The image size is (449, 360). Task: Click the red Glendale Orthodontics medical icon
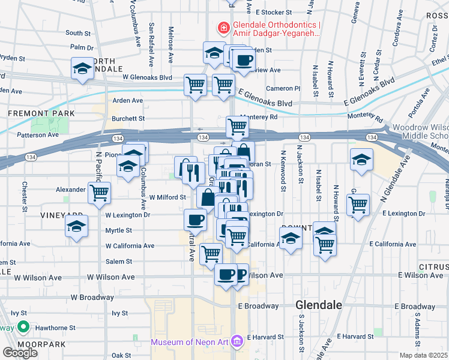pyautogui.click(x=223, y=27)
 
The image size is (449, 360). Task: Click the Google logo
pyautogui.click(x=20, y=353)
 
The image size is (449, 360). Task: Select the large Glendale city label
pyautogui.click(x=319, y=305)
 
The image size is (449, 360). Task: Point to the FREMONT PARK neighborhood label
pyautogui.click(x=41, y=113)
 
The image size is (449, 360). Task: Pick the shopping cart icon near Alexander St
pyautogui.click(x=99, y=193)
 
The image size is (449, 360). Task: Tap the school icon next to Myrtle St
pyautogui.click(x=76, y=227)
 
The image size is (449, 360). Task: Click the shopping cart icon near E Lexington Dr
pyautogui.click(x=358, y=205)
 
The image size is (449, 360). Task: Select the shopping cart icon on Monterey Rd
pyautogui.click(x=237, y=127)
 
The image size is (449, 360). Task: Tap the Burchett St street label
pyautogui.click(x=128, y=118)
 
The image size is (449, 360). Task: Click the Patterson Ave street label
pyautogui.click(x=40, y=135)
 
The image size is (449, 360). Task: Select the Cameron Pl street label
pyautogui.click(x=283, y=88)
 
